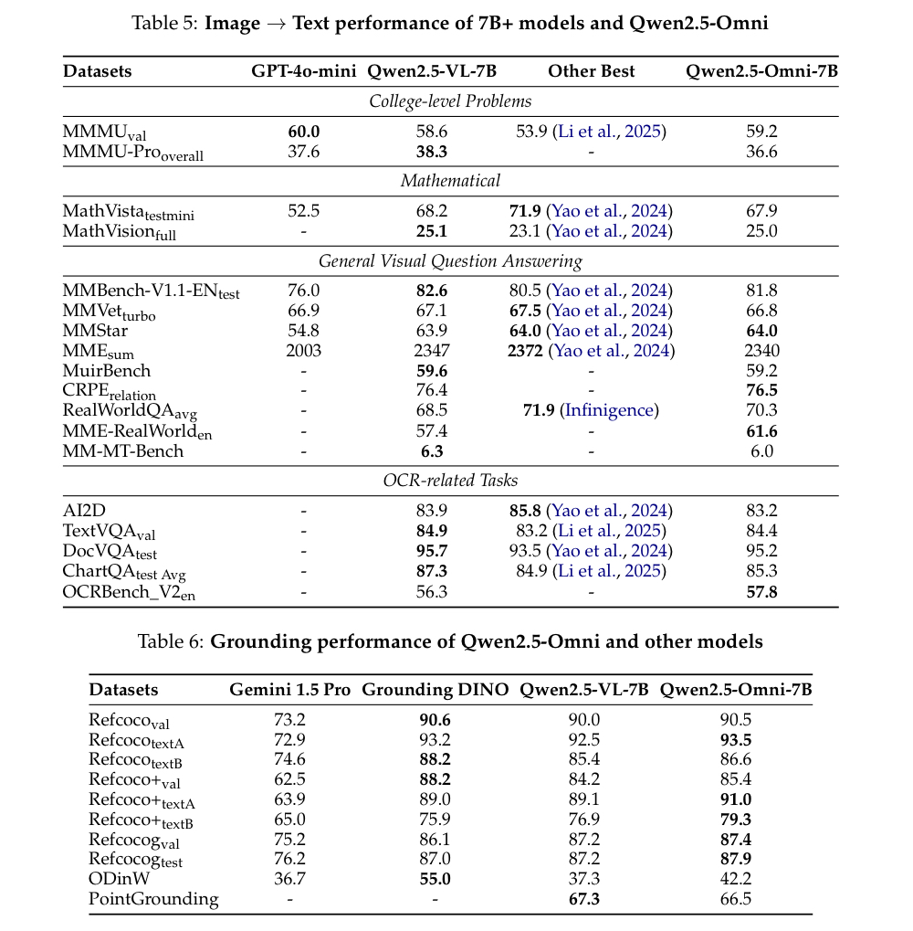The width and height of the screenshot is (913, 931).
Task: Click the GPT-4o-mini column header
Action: (304, 71)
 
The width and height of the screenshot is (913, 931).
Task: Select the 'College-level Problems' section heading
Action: (450, 101)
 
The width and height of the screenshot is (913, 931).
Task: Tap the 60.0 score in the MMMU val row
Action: (304, 132)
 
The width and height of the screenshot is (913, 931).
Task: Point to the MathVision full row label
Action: (120, 231)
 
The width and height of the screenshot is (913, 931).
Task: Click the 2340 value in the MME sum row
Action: (761, 351)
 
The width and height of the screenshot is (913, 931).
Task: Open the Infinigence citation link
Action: (610, 410)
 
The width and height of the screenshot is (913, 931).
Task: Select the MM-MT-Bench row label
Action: (123, 450)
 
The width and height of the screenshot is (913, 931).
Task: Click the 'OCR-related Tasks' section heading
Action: (450, 481)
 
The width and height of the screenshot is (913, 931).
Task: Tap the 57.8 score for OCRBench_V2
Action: (761, 591)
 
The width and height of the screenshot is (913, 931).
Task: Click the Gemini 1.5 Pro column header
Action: (289, 689)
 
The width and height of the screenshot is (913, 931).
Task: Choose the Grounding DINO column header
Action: (435, 689)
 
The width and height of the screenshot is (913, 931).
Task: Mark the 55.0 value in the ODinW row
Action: (435, 878)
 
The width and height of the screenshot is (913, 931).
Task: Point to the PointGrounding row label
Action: (153, 898)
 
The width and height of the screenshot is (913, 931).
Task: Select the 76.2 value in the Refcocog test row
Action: (289, 858)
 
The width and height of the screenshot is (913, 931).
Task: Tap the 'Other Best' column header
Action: (591, 71)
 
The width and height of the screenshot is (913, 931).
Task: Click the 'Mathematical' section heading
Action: (450, 181)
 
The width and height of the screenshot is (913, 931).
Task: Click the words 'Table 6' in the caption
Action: (170, 641)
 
